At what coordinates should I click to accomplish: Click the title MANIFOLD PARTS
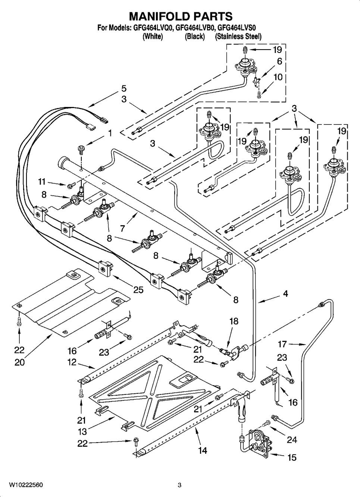(181, 16)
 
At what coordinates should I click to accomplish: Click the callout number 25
(138, 289)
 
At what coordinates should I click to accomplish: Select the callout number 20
(19, 362)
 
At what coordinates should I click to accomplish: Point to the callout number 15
(292, 457)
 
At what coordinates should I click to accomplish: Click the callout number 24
(292, 440)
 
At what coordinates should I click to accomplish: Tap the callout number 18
(234, 321)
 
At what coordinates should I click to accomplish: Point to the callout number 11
(42, 182)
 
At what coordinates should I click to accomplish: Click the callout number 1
(110, 133)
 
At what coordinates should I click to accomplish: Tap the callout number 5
(123, 88)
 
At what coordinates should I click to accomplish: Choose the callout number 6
(279, 62)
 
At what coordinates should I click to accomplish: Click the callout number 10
(278, 77)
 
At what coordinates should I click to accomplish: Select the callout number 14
(202, 450)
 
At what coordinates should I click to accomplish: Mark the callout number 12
(72, 362)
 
